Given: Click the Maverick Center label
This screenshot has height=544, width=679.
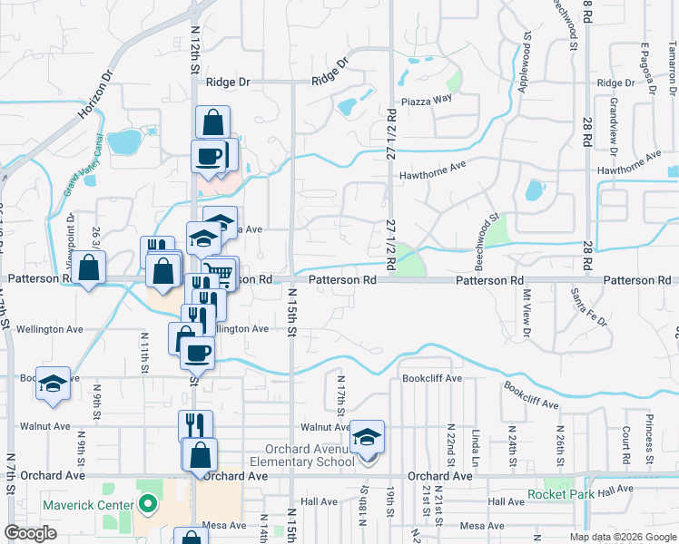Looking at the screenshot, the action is (87, 504).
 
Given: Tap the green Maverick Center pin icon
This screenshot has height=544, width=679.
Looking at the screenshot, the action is (147, 504).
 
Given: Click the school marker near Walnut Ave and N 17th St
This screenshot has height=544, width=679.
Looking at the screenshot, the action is (368, 437).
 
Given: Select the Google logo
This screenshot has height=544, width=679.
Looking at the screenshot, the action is (30, 533).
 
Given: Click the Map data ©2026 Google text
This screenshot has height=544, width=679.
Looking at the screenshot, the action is (622, 537).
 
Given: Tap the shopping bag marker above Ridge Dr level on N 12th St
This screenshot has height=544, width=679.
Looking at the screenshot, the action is (212, 121).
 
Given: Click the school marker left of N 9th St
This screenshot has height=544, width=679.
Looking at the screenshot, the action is (53, 384).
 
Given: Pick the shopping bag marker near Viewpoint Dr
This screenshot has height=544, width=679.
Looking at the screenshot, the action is (88, 268).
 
